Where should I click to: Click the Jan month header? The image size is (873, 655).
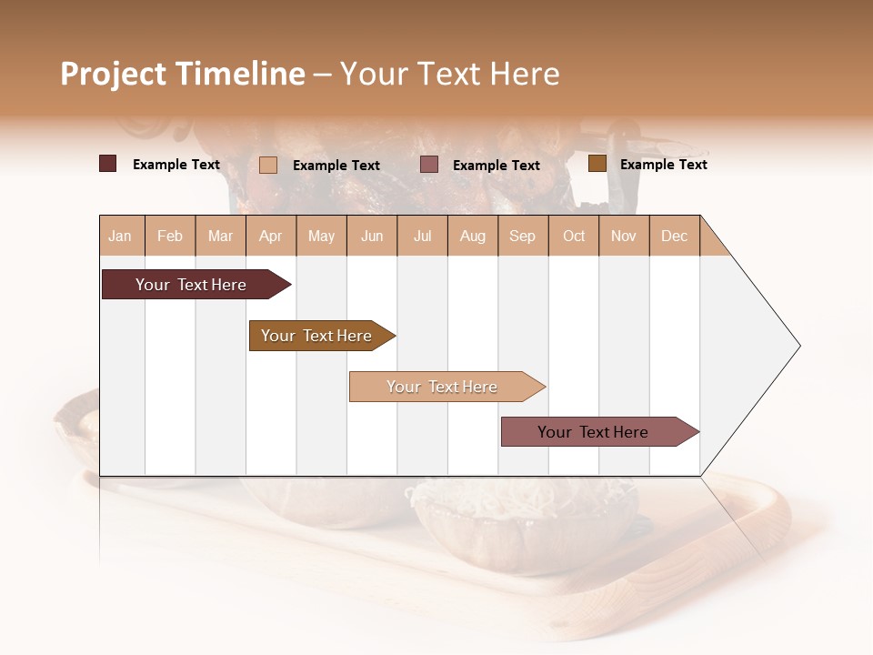point(120,236)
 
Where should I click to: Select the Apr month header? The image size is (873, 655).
point(271,236)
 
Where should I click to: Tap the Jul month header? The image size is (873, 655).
point(422,236)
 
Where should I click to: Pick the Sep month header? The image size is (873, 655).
point(522,236)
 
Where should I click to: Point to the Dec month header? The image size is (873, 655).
point(674,236)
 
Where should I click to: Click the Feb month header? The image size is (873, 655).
point(170,236)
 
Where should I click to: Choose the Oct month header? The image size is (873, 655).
point(574,236)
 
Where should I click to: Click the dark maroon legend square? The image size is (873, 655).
point(107,164)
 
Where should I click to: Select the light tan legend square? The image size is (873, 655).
point(267,165)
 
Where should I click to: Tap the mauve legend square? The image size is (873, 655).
point(429,165)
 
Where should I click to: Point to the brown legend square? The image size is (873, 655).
point(597,164)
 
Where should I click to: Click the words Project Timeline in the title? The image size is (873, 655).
point(182,74)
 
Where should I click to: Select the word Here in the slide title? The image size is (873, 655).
point(525,74)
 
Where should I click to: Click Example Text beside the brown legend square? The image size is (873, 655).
point(663,165)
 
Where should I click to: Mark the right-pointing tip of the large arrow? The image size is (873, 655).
point(798,346)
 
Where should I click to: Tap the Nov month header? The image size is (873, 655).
point(624,236)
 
